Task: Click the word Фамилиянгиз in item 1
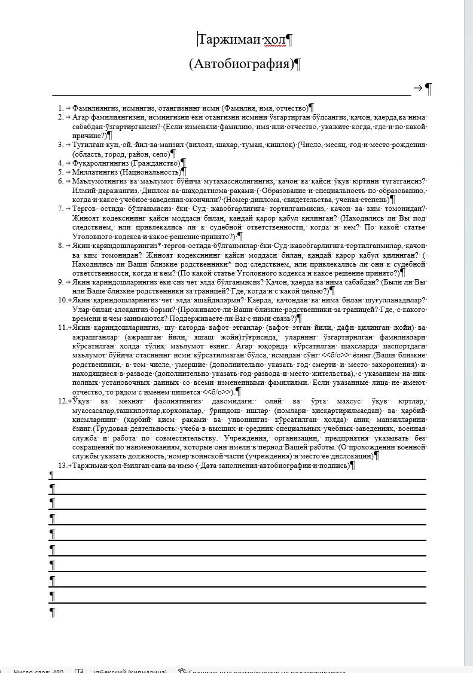click(x=95, y=108)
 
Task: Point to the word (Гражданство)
click(x=155, y=163)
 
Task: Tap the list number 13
click(x=62, y=465)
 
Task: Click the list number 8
click(x=60, y=246)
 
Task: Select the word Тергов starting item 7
click(x=84, y=209)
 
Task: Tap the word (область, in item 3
click(x=86, y=154)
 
